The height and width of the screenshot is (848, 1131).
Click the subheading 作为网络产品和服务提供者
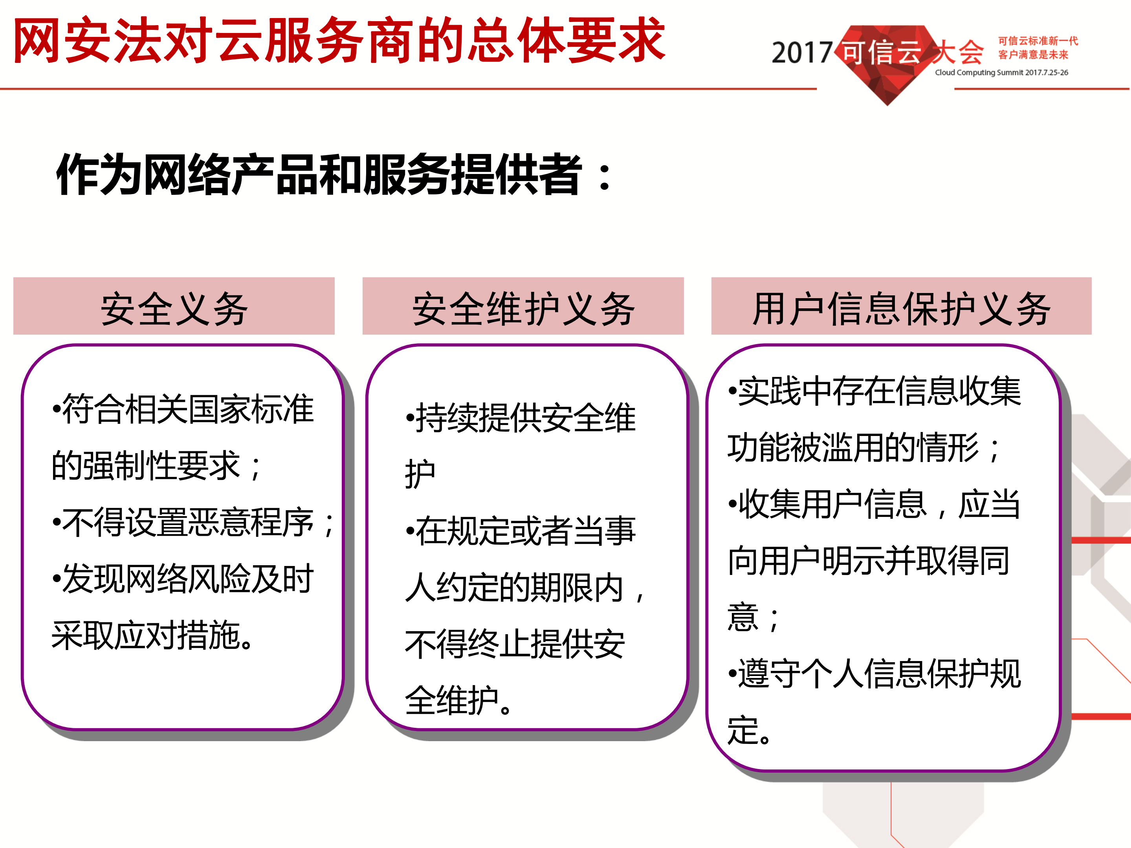click(x=332, y=175)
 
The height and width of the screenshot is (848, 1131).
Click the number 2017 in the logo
click(x=801, y=53)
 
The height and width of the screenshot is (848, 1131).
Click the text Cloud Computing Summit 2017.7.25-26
click(x=1001, y=73)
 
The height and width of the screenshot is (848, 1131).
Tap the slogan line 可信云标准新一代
click(x=1038, y=41)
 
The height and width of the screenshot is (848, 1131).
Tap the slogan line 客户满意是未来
click(x=1033, y=55)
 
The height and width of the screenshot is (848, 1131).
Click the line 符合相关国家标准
click(x=183, y=409)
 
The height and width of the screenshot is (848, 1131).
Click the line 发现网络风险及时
click(x=183, y=579)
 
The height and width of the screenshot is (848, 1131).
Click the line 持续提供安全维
click(x=521, y=418)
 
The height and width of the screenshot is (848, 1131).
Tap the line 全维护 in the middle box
click(x=458, y=700)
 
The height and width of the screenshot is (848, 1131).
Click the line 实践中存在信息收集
click(x=874, y=391)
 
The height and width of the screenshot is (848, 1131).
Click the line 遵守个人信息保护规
click(x=874, y=674)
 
